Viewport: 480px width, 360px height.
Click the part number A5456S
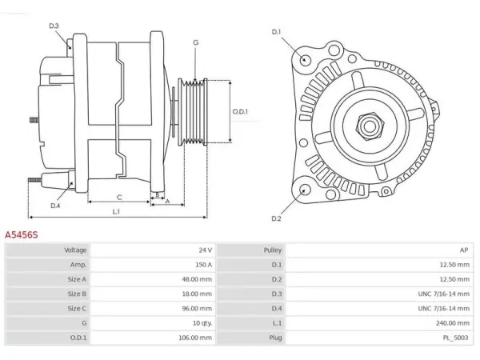pyautogui.click(x=22, y=234)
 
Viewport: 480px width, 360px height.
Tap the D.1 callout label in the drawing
pyautogui.click(x=276, y=32)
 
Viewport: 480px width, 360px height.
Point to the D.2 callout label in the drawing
pyautogui.click(x=276, y=218)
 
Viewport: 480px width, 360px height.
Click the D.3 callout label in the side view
pyautogui.click(x=54, y=26)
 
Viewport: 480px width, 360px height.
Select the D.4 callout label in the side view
pyautogui.click(x=55, y=206)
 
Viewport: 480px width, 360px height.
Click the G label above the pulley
pyautogui.click(x=196, y=42)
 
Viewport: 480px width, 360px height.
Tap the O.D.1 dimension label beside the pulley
pyautogui.click(x=240, y=111)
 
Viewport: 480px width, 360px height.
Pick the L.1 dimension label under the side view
pyautogui.click(x=116, y=211)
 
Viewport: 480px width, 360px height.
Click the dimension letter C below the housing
pyautogui.click(x=119, y=198)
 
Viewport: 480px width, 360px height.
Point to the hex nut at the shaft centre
pyautogui.click(x=370, y=126)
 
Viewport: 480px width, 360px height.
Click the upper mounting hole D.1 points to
pyautogui.click(x=305, y=58)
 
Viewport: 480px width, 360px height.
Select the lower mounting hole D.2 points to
pyautogui.click(x=305, y=190)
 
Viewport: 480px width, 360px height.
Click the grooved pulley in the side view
pyautogui.click(x=193, y=112)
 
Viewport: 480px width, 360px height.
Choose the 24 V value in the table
pyautogui.click(x=205, y=250)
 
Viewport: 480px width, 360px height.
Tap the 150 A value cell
pyautogui.click(x=203, y=265)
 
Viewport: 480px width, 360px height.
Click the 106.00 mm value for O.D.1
pyautogui.click(x=195, y=338)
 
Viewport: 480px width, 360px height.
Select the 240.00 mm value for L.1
pyautogui.click(x=453, y=323)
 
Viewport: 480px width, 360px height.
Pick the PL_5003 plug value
pyautogui.click(x=455, y=338)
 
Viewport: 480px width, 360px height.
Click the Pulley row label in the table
pyautogui.click(x=273, y=250)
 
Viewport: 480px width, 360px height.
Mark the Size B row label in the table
pyautogui.click(x=77, y=294)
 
